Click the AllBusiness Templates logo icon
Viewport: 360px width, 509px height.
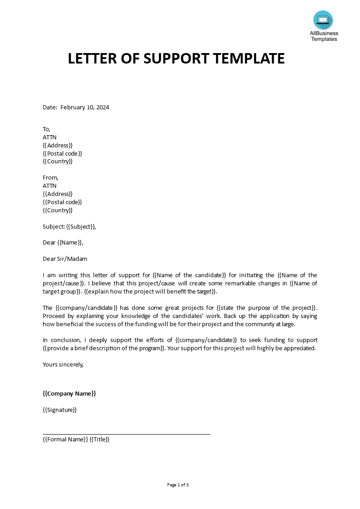[323, 20]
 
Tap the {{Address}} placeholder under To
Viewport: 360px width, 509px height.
[58, 145]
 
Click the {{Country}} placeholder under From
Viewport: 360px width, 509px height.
[58, 210]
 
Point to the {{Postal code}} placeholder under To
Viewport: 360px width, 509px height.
[62, 153]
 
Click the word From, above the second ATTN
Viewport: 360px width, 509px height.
[50, 177]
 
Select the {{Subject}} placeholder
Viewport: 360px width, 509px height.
[81, 226]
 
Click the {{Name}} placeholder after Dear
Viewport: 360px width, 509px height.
[70, 243]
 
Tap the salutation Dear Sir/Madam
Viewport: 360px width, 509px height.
[65, 259]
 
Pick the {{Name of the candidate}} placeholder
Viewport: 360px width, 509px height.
[189, 275]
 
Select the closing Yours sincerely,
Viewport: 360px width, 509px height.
[63, 364]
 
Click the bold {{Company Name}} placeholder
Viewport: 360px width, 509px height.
[69, 393]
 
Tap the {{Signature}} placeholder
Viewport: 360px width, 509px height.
[60, 410]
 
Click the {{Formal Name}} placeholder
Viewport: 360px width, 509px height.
[65, 439]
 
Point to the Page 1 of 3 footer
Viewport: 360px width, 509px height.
[178, 485]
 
